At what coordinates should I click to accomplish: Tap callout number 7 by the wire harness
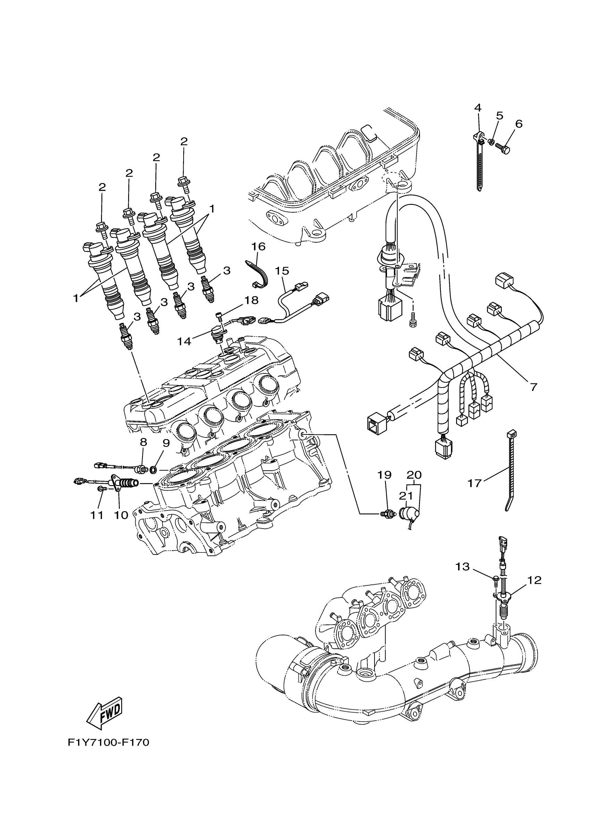533,387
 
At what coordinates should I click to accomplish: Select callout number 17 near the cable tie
474,483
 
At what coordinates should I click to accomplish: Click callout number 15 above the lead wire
283,270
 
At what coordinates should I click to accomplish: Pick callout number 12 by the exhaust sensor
534,580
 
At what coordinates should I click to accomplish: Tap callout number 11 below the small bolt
96,515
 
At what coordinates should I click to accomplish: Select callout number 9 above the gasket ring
166,443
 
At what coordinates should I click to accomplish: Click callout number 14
184,341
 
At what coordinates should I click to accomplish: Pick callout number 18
251,300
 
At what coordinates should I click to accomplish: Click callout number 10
121,515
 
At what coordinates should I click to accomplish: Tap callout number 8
143,442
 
